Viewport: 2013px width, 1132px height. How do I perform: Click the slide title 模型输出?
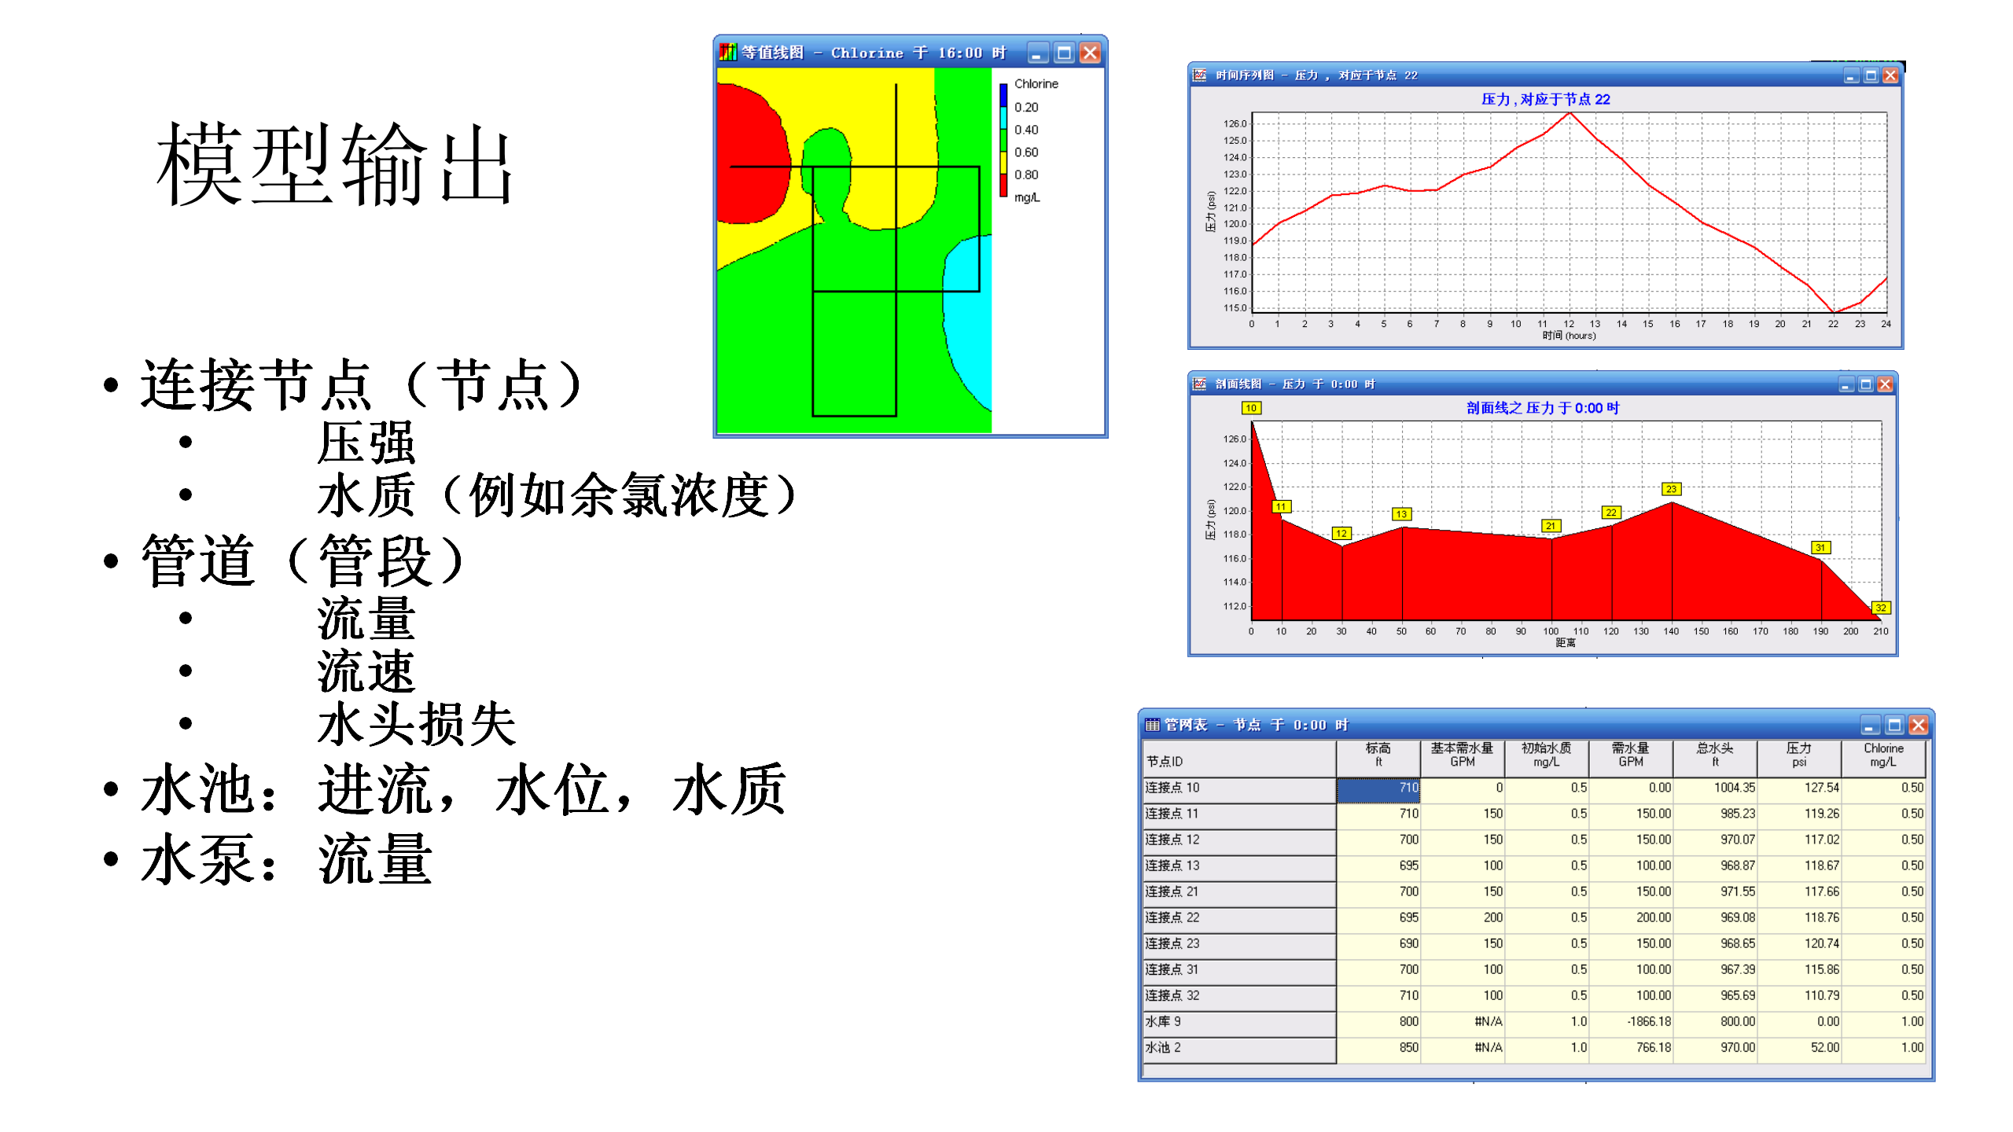(x=335, y=165)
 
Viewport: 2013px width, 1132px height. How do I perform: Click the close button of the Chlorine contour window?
(x=1090, y=53)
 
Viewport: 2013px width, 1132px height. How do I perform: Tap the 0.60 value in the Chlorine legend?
(x=1025, y=152)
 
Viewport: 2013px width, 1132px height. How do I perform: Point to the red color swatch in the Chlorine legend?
(x=1003, y=186)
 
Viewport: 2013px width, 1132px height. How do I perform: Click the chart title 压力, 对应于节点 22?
(x=1545, y=99)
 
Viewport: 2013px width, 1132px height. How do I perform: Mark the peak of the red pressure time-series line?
(x=1570, y=113)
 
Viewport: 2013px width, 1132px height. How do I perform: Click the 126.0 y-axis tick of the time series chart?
(x=1235, y=123)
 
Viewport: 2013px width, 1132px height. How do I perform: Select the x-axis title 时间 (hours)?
(x=1569, y=336)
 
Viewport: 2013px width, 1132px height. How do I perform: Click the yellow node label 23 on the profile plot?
(x=1671, y=489)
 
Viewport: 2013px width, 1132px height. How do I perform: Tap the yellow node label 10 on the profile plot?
(x=1251, y=408)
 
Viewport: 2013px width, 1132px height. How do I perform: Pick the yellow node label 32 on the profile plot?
(x=1880, y=608)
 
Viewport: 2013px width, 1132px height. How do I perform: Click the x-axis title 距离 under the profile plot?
(x=1565, y=643)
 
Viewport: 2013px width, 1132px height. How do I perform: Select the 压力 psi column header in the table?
(x=1798, y=755)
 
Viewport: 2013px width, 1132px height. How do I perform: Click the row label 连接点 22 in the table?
(x=1172, y=917)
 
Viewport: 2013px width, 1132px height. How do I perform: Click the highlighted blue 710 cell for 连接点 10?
(x=1378, y=788)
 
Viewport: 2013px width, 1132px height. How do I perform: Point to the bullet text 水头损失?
(x=417, y=724)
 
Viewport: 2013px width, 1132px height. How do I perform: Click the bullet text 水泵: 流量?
(x=287, y=860)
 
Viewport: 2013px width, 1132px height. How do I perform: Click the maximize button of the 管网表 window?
(x=1894, y=725)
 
